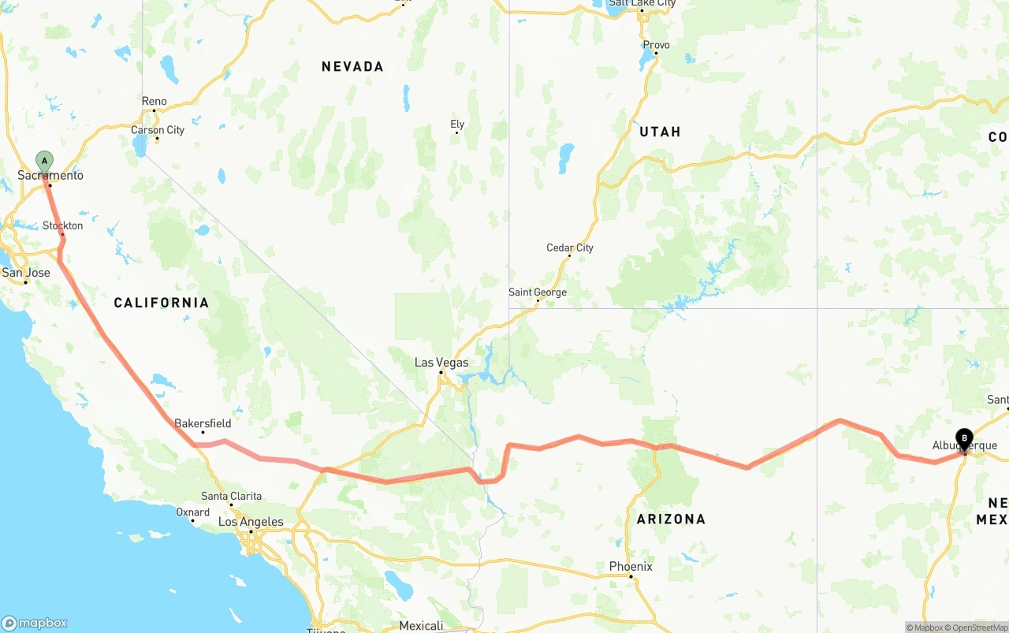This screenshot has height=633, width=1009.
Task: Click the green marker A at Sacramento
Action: tap(45, 162)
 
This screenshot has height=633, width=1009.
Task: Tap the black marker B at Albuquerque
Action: tap(964, 439)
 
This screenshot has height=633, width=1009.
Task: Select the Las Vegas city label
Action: tap(441, 363)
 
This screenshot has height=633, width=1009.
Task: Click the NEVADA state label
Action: tap(352, 67)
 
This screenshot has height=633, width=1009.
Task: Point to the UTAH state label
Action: tap(660, 132)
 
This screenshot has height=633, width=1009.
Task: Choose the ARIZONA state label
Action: tap(671, 519)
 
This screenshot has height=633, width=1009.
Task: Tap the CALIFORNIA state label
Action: tap(162, 303)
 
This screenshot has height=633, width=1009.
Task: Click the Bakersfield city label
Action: tap(203, 423)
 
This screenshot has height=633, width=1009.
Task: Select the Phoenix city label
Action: tap(631, 566)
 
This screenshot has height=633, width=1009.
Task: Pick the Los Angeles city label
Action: tap(251, 522)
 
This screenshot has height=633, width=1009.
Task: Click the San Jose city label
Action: tap(26, 273)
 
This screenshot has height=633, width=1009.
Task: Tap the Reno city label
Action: tap(155, 101)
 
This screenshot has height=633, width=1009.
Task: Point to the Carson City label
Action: tap(158, 130)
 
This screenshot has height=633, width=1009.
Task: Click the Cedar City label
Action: tap(570, 248)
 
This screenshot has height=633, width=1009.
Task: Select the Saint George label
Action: tap(538, 292)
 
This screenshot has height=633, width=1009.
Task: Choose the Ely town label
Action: tap(457, 125)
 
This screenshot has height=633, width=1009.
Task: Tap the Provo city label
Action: tap(656, 45)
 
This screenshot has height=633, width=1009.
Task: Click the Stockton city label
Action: tap(63, 226)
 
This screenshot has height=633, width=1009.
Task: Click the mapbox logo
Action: tap(35, 623)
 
